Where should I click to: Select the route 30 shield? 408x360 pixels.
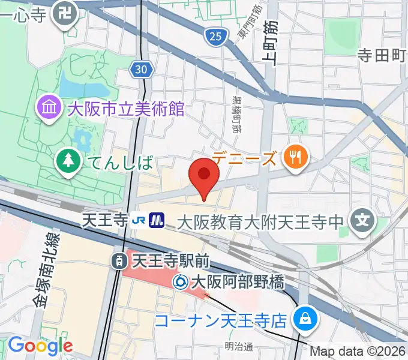pyautogui.click(x=140, y=70)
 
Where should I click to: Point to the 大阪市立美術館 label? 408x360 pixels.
pyautogui.click(x=125, y=109)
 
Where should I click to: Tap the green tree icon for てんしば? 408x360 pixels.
pyautogui.click(x=69, y=160)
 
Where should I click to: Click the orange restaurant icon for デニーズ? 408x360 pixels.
pyautogui.click(x=295, y=158)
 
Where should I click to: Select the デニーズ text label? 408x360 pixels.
pyautogui.click(x=245, y=158)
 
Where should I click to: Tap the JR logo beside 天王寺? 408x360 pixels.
pyautogui.click(x=137, y=221)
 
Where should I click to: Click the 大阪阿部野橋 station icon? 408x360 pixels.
pyautogui.click(x=181, y=281)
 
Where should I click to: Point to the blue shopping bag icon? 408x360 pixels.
pyautogui.click(x=305, y=318)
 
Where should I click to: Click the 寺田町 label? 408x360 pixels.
pyautogui.click(x=382, y=56)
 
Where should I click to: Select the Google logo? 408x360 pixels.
pyautogui.click(x=40, y=346)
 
